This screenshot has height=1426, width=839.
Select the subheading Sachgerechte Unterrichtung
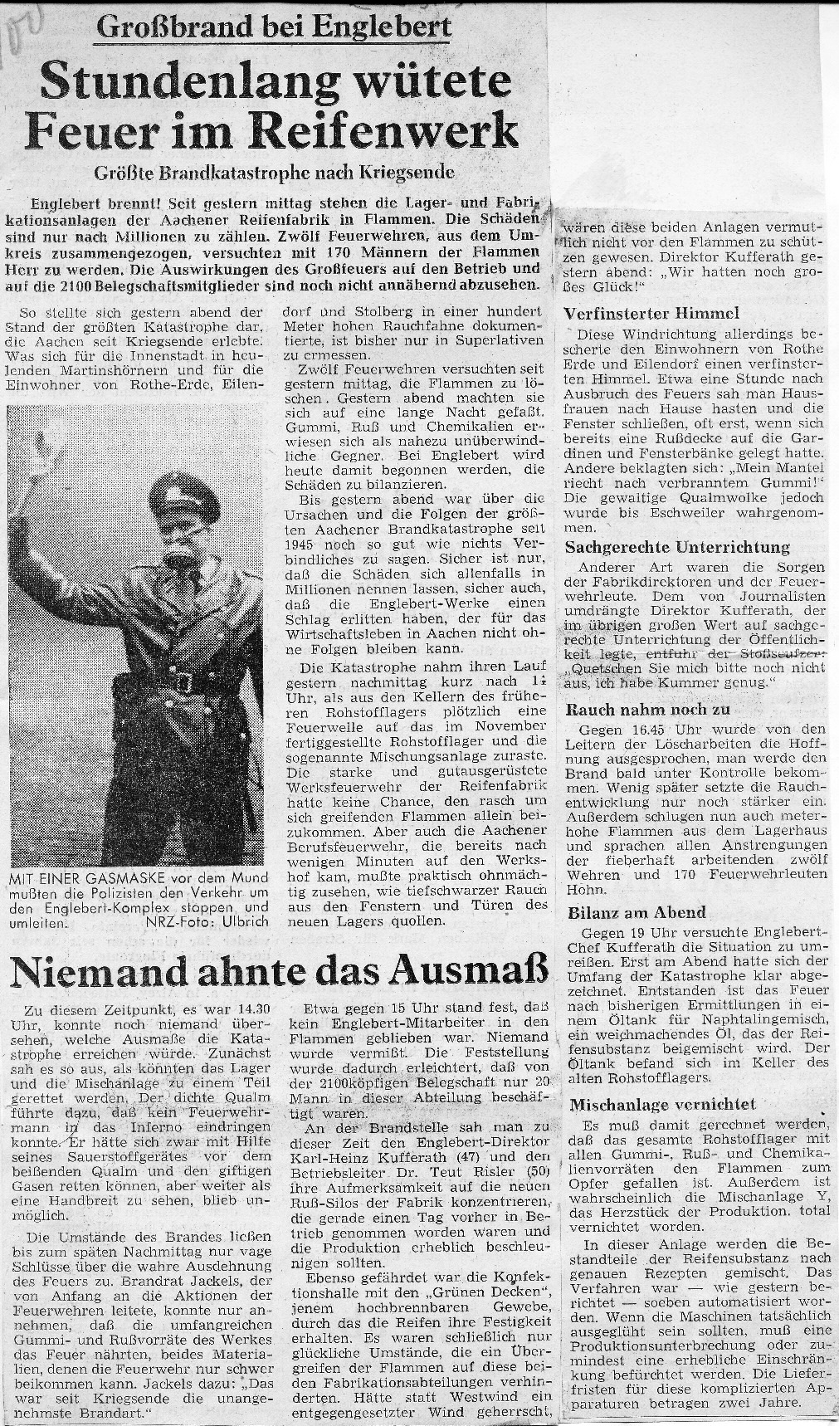coord(677,548)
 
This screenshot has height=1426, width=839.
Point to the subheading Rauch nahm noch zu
coord(647,710)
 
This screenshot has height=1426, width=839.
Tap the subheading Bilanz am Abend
coord(637,913)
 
